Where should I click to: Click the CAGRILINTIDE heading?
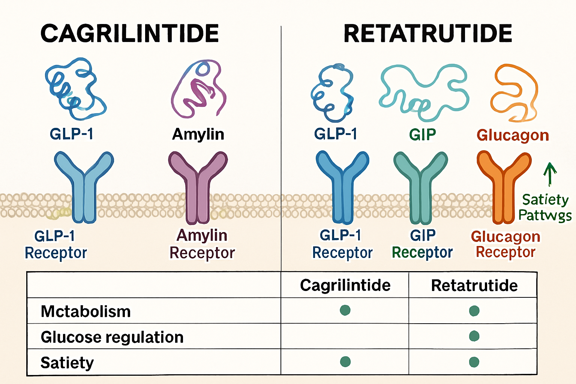pos(129,33)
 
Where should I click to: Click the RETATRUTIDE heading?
pos(428,33)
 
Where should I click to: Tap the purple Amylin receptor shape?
pos(198,187)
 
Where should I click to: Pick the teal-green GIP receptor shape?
pos(421,187)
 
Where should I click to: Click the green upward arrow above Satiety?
pos(550,174)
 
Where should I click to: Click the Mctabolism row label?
pos(85,311)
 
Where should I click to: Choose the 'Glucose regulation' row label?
pos(112,337)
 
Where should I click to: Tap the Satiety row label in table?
pos(67,363)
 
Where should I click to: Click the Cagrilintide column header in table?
pos(345,285)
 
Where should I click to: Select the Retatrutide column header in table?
pos(474,285)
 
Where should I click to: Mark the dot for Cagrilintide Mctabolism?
pos(345,310)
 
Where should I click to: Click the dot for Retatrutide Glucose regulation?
pos(474,336)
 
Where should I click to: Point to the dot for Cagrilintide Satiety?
pos(345,361)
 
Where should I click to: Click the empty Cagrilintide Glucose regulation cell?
pos(345,336)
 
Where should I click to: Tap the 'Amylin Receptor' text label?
pos(202,244)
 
